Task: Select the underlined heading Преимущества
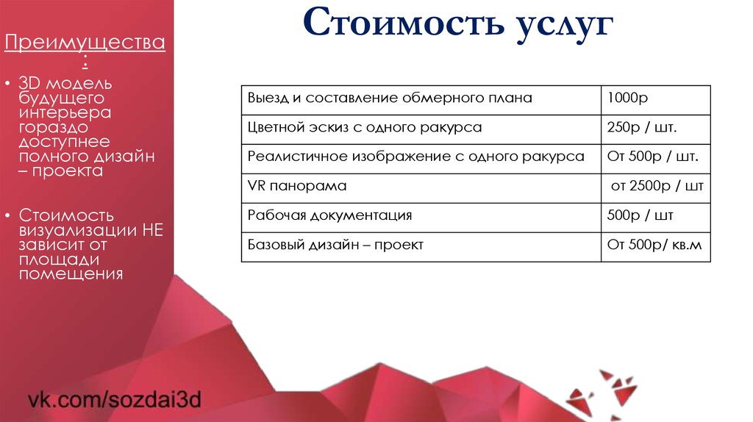click(85, 43)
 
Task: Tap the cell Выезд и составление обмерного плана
click(390, 98)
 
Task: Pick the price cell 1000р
click(628, 98)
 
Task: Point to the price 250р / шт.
click(642, 127)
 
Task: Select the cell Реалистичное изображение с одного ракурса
click(416, 157)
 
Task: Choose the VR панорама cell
click(297, 186)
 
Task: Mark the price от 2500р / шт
click(657, 186)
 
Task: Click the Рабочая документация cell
click(329, 215)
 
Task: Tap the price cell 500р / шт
click(640, 215)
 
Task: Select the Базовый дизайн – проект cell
click(335, 245)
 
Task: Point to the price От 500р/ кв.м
click(654, 245)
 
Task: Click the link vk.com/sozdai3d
click(114, 401)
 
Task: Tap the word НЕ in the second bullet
click(153, 230)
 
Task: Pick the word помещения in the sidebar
click(71, 274)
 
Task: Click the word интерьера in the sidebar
click(65, 112)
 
